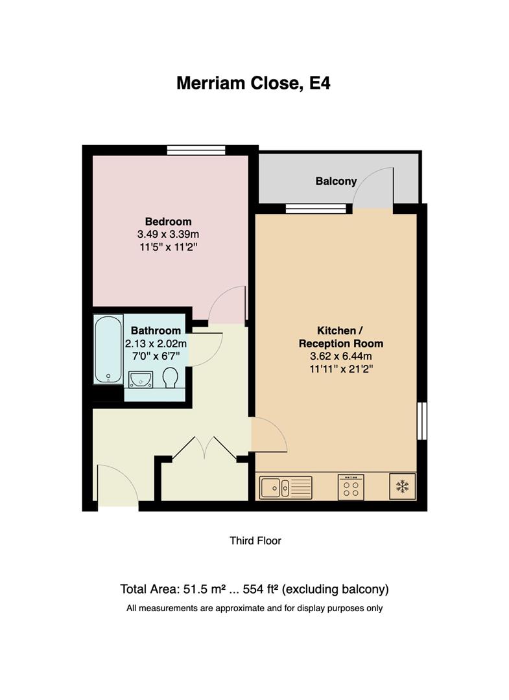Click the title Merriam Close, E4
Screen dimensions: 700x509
(x=254, y=84)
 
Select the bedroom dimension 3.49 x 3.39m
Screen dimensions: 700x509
(x=168, y=234)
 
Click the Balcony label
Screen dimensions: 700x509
(x=336, y=181)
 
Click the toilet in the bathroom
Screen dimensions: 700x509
(x=171, y=378)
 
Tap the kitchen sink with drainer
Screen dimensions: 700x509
(x=285, y=486)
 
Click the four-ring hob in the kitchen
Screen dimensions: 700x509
(x=351, y=487)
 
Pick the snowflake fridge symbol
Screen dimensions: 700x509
(x=402, y=486)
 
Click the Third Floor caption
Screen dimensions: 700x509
(x=255, y=541)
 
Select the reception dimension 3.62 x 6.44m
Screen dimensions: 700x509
(x=349, y=356)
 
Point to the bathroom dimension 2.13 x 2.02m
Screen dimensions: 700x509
(x=156, y=344)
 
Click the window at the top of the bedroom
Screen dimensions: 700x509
(x=196, y=150)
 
